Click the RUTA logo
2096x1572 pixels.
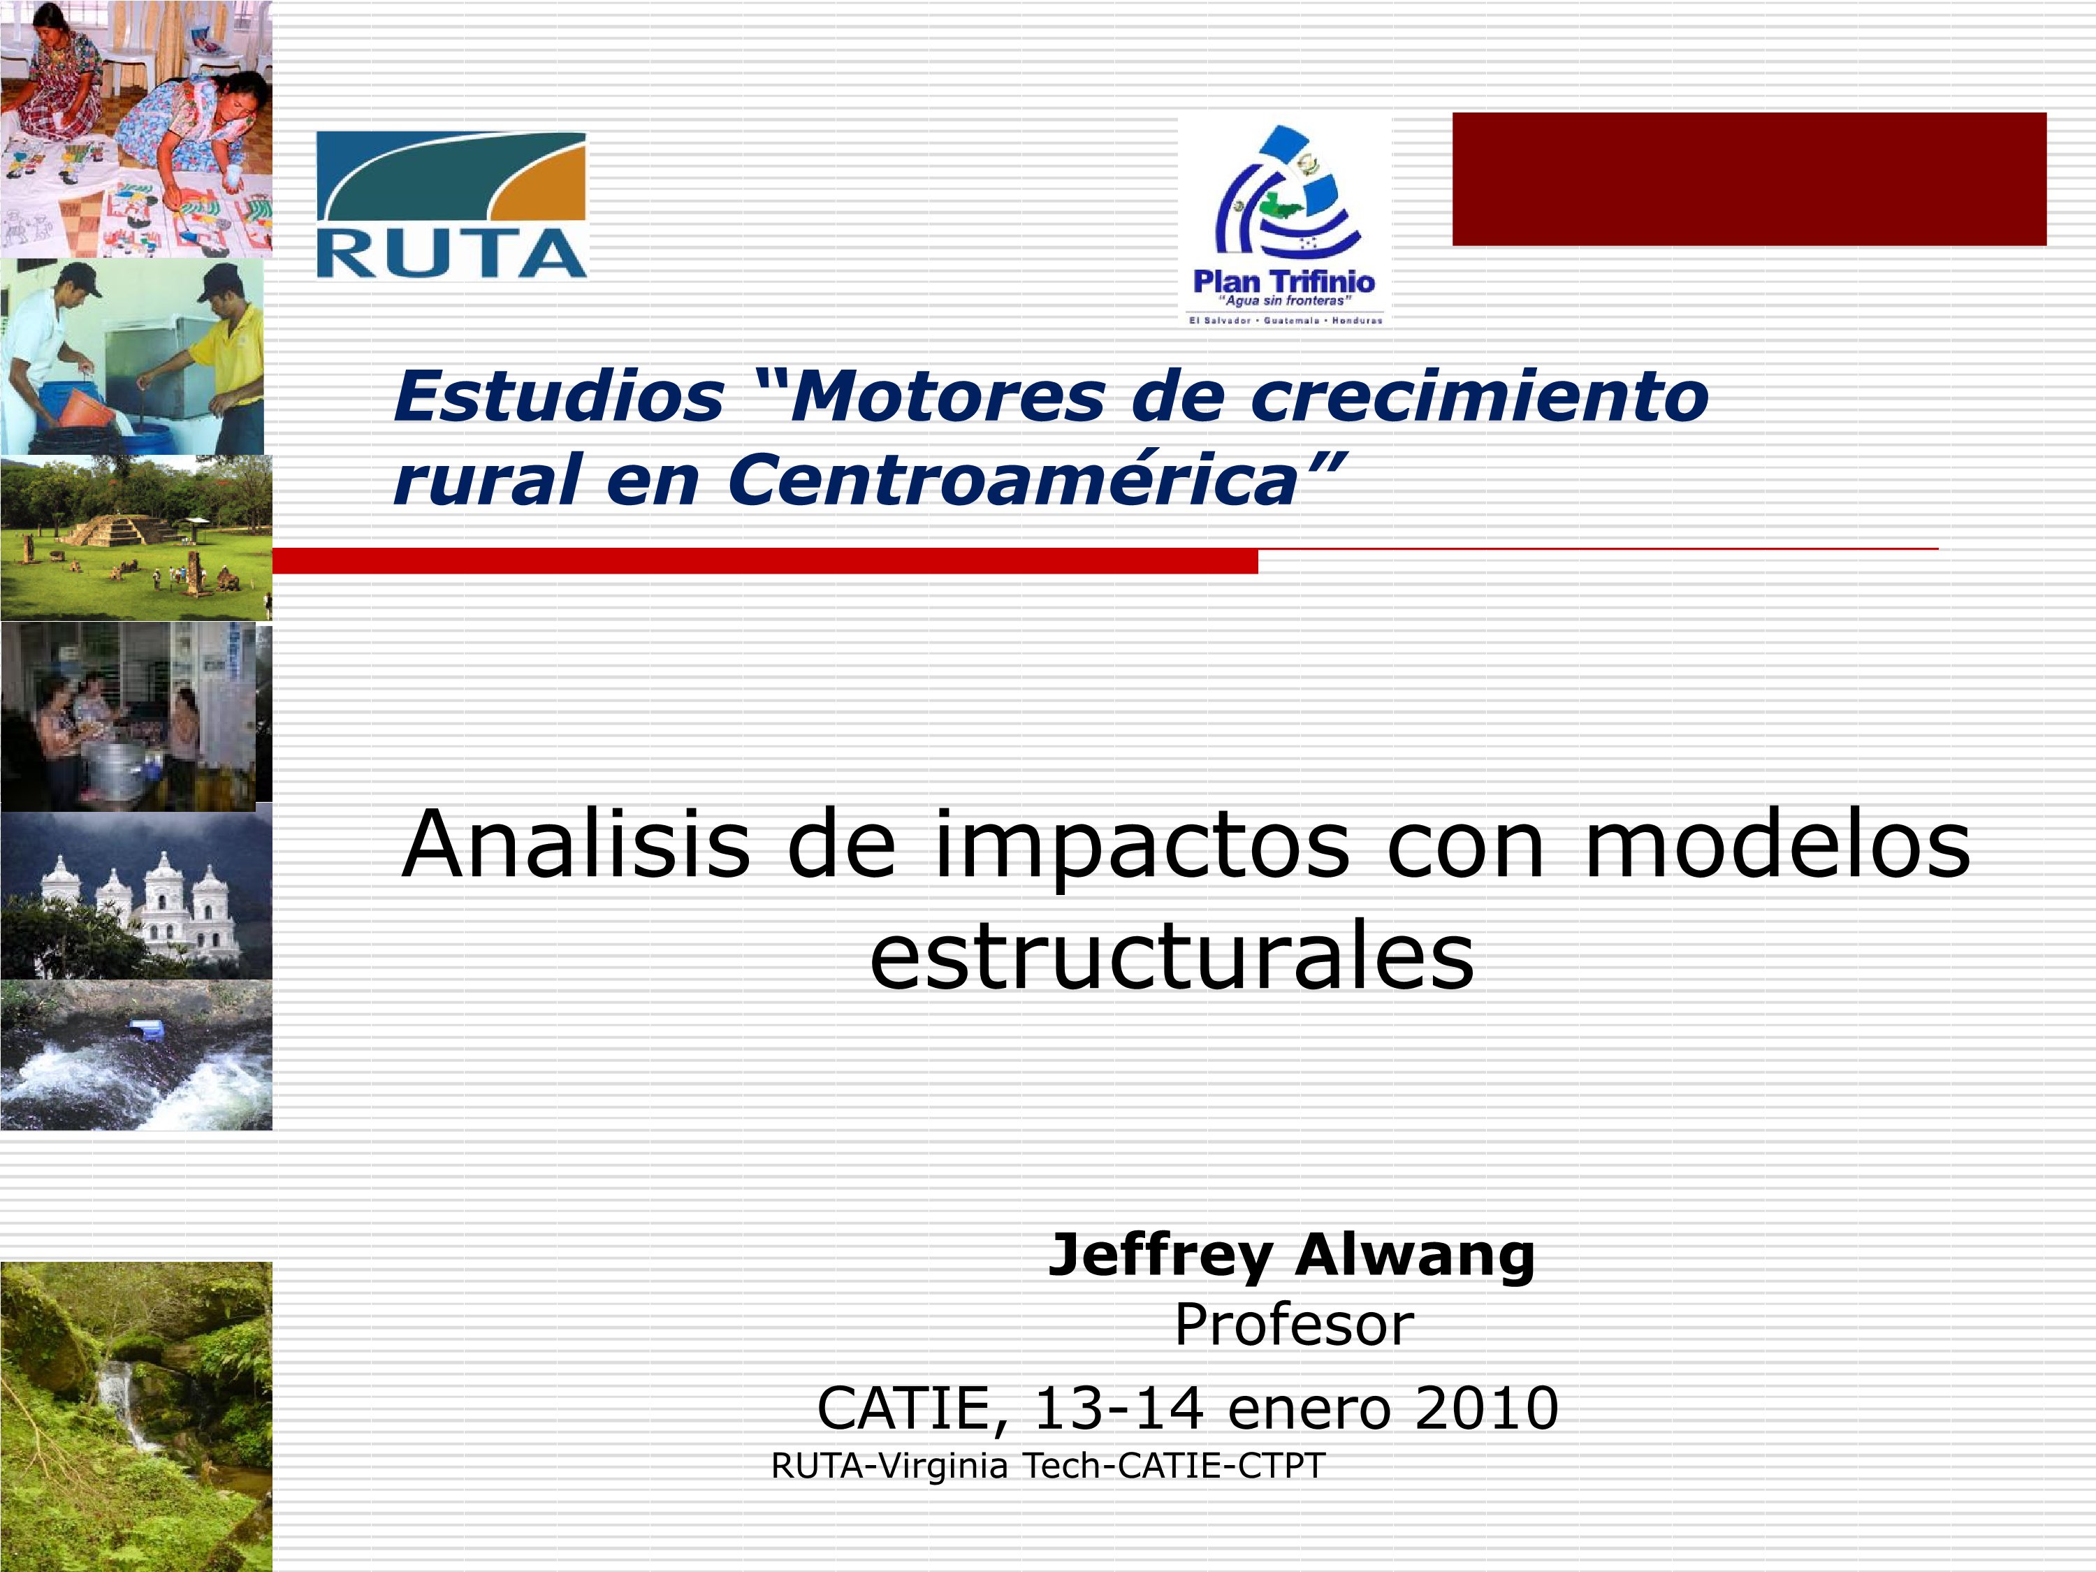pos(451,205)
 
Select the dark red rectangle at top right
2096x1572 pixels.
pos(1749,179)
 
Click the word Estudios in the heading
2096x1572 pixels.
pos(559,396)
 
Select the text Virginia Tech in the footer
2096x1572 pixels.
pos(992,1465)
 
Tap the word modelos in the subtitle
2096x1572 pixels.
pos(1777,843)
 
